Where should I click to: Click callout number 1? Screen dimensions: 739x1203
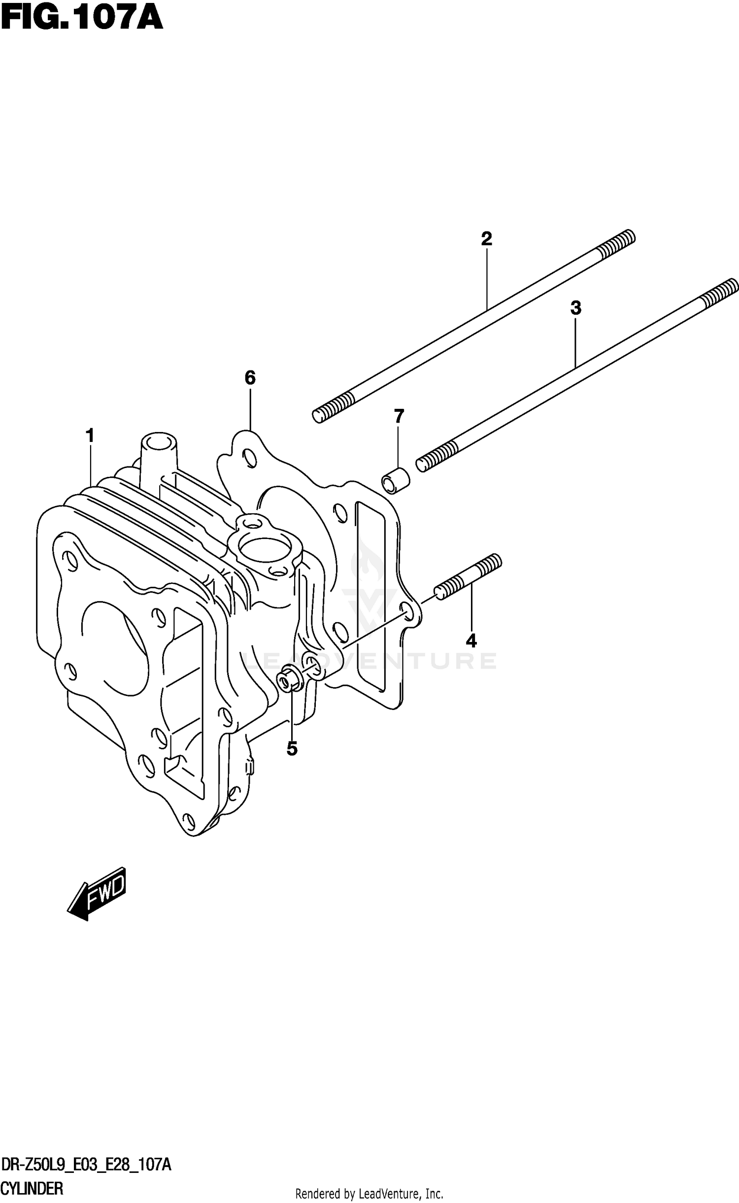pyautogui.click(x=90, y=435)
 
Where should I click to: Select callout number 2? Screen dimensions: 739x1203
pyautogui.click(x=486, y=239)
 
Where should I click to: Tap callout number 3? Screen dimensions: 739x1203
pyautogui.click(x=575, y=308)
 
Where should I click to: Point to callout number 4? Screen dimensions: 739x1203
pyautogui.click(x=471, y=641)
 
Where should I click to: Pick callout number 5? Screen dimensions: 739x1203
pyautogui.click(x=250, y=378)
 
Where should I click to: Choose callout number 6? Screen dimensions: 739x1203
pyautogui.click(x=399, y=416)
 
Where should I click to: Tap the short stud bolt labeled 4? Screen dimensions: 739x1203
pyautogui.click(x=289, y=682)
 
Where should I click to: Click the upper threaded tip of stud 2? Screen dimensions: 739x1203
pyautogui.click(x=720, y=291)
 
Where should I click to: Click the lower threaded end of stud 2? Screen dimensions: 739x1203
pyautogui.click(x=437, y=456)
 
